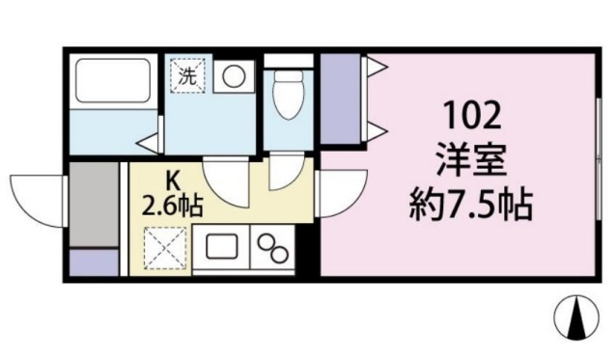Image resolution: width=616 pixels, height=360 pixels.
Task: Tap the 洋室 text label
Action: coord(471,157)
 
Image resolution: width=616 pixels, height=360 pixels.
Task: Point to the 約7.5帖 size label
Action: coord(470,202)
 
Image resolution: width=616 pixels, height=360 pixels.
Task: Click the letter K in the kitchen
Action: coord(174,179)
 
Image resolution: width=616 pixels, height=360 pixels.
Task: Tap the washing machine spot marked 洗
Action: coord(187,75)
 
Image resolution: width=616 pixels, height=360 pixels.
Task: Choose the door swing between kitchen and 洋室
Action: coord(340,193)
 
